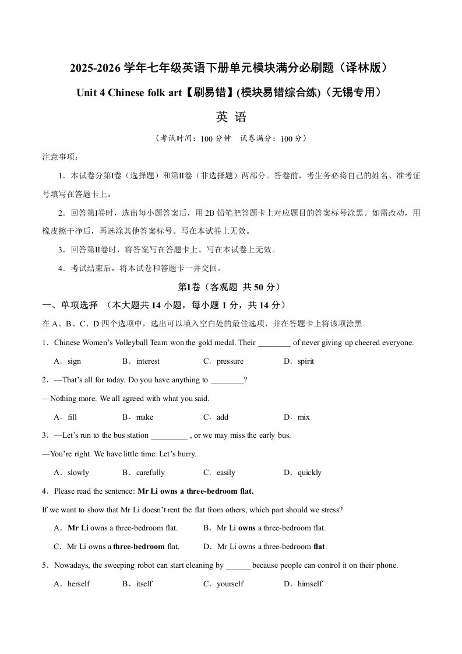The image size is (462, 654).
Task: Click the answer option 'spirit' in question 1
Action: coord(305,361)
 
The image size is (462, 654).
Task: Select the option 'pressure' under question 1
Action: coord(230,361)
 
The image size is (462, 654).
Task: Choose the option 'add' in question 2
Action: coord(222,417)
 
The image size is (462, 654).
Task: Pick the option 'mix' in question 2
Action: coord(304,417)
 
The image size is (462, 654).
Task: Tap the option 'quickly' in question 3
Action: coord(309,473)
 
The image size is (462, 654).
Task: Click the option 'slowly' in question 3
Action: coord(78,473)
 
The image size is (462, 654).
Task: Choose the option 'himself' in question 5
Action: coord(309,584)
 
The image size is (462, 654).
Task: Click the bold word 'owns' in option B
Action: coord(246,528)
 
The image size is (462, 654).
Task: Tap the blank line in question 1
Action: coord(274,343)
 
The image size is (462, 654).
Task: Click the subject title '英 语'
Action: coord(231,117)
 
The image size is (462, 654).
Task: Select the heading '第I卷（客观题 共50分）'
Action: coord(231,287)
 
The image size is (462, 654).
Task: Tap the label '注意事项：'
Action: coord(59,157)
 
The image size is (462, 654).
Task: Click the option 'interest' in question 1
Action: coord(148,361)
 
